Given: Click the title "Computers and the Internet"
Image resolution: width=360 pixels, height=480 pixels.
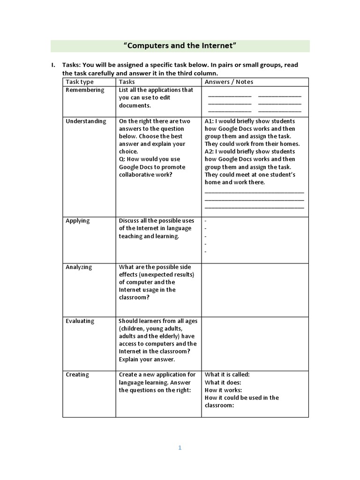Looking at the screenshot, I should click(x=180, y=45).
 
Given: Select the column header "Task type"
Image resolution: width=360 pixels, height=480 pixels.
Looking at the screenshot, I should click(x=80, y=82).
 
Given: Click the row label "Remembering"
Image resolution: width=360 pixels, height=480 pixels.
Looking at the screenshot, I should click(x=85, y=90).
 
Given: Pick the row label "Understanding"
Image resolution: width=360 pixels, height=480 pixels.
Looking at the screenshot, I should click(x=86, y=121).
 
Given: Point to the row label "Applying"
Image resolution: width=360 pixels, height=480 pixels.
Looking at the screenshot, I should click(x=78, y=221).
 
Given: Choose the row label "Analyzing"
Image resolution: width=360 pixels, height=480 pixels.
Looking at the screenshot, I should click(x=79, y=267).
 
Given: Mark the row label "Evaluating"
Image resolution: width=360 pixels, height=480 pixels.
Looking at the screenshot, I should click(x=80, y=321).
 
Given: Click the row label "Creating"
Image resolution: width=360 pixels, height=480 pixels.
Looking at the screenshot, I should click(x=77, y=375).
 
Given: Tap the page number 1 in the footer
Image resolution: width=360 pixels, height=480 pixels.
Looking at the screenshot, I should click(x=180, y=448).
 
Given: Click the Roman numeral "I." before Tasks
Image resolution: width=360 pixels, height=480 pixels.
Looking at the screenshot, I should click(x=53, y=65).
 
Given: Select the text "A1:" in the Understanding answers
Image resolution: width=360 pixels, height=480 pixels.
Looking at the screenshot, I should click(x=210, y=121).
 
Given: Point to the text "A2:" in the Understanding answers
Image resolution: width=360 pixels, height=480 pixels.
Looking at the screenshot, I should click(x=210, y=152).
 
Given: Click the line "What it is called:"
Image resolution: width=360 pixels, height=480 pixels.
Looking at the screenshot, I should click(x=227, y=375).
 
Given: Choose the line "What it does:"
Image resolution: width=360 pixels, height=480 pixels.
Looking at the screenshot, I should click(x=223, y=382).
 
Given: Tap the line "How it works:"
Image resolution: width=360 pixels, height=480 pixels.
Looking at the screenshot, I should click(x=223, y=390).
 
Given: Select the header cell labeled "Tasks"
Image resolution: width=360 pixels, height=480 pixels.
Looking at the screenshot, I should click(x=127, y=82).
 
